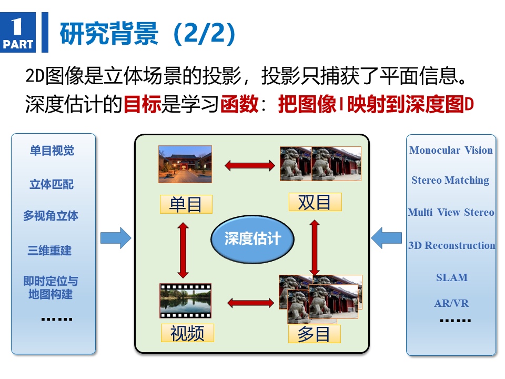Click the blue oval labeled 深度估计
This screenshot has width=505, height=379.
point(252,240)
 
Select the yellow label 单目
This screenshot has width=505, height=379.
point(186,204)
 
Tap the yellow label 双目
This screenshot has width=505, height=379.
point(315,202)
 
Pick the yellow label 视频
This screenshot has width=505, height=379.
point(187,333)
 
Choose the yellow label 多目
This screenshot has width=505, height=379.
point(315,334)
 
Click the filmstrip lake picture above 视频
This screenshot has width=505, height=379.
point(186,301)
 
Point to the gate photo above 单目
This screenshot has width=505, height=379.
point(185,164)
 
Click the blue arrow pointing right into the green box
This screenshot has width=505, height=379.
point(116,238)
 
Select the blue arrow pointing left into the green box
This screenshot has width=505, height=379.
point(386,238)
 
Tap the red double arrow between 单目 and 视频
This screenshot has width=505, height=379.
point(183,250)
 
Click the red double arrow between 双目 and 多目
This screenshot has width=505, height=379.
point(315,247)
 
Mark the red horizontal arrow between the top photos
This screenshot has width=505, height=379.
point(250,166)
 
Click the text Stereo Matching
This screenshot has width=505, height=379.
point(450,180)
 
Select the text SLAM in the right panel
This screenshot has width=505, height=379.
point(452,277)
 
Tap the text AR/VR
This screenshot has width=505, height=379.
point(451,303)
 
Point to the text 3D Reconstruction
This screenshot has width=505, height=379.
point(452,245)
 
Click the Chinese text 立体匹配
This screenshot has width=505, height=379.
point(52,184)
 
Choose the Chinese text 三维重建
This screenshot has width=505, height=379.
point(49,251)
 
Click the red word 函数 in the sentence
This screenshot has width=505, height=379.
point(240,104)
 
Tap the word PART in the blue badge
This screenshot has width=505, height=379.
point(18,44)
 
